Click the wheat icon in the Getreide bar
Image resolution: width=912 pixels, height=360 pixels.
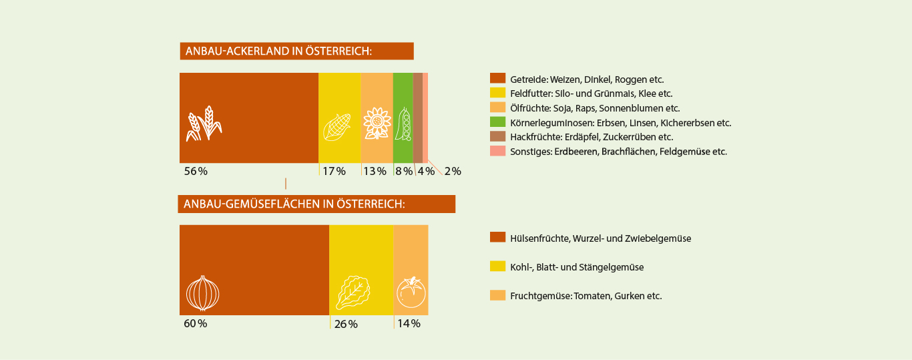click(204, 123)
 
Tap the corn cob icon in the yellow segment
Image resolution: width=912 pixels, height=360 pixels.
click(336, 127)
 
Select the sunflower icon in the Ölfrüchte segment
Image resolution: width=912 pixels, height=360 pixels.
click(377, 124)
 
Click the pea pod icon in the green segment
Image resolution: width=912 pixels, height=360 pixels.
click(403, 124)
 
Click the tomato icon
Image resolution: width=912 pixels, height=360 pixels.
click(411, 292)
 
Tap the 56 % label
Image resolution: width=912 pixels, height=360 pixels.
click(196, 171)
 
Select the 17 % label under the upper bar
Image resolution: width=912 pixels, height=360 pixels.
click(334, 172)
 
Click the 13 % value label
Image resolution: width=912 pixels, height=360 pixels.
click(375, 172)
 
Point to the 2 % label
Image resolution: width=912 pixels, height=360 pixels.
click(453, 172)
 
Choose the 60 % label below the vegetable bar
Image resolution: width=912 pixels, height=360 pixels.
click(196, 324)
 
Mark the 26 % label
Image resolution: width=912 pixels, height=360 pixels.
click(346, 325)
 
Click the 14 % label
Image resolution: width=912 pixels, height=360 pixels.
click(409, 324)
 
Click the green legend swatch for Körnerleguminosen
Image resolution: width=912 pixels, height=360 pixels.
click(497, 122)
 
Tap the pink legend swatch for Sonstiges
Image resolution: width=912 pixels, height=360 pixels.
click(497, 152)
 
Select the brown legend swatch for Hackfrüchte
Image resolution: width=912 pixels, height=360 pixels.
click(497, 137)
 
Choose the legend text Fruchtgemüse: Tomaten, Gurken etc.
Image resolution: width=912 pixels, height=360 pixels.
click(586, 296)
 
